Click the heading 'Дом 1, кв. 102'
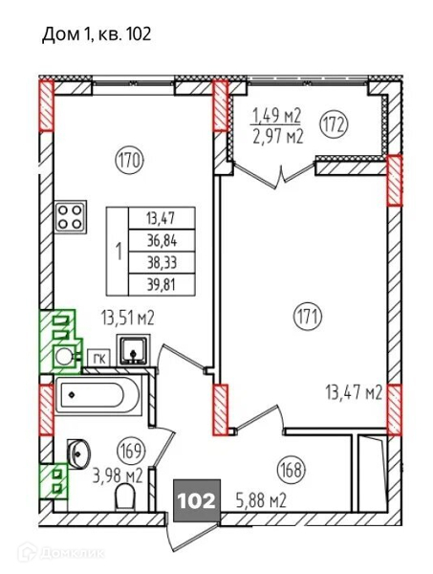[x=97, y=34]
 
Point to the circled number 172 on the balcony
[x=335, y=124]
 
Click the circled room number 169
[x=131, y=451]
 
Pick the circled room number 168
[x=292, y=470]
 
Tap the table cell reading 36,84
[x=162, y=240]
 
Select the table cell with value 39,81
[x=162, y=284]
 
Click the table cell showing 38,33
[x=162, y=262]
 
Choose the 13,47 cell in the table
[x=162, y=218]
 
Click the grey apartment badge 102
[x=196, y=500]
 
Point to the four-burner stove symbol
[x=71, y=217]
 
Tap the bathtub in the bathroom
[x=98, y=395]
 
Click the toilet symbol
[x=126, y=497]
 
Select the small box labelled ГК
[x=98, y=359]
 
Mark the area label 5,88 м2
[x=259, y=500]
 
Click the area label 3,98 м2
[x=117, y=476]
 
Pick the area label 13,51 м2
[x=128, y=319]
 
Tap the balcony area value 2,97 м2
[x=278, y=137]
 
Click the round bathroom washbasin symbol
[x=78, y=454]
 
